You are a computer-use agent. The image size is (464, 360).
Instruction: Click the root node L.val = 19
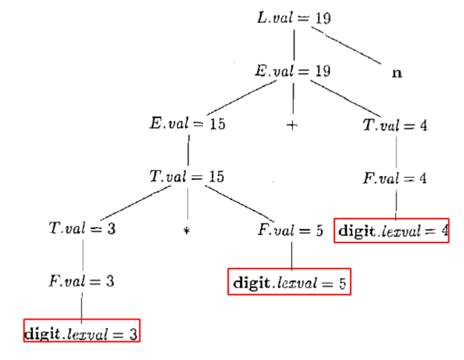click(x=294, y=18)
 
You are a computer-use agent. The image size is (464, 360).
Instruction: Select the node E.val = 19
click(x=292, y=71)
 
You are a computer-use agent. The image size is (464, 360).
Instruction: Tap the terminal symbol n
click(x=396, y=73)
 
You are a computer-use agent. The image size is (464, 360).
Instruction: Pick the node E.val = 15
click(x=188, y=124)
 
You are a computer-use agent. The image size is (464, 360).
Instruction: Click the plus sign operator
click(x=293, y=125)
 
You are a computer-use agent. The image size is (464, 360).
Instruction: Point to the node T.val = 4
click(x=395, y=125)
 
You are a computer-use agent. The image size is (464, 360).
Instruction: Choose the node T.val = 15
click(x=187, y=177)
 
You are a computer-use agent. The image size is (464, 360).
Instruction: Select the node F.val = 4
click(x=395, y=178)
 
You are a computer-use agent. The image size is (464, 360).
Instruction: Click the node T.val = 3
click(x=82, y=230)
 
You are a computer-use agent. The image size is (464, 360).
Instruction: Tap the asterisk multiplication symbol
click(x=187, y=232)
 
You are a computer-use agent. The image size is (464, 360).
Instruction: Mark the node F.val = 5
click(x=290, y=231)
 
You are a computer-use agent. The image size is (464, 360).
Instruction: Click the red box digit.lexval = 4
click(x=392, y=231)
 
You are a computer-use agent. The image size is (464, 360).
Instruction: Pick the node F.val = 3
click(x=81, y=281)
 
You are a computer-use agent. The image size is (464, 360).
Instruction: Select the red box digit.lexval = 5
click(x=289, y=282)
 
